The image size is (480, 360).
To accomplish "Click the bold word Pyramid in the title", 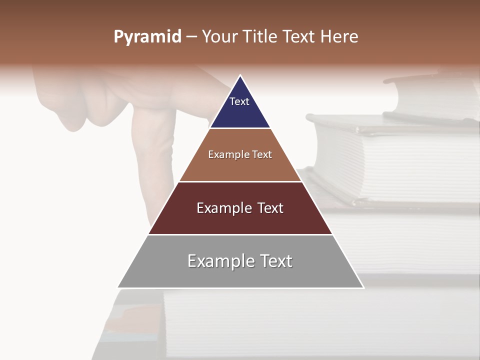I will click(x=147, y=37).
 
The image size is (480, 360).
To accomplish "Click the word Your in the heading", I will click(x=218, y=37).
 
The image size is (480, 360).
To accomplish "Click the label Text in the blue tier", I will click(x=239, y=101).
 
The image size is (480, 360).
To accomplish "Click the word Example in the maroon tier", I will click(x=222, y=208).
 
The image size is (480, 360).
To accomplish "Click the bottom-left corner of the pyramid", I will click(x=118, y=287).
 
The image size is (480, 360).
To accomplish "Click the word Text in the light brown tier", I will click(x=262, y=155).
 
